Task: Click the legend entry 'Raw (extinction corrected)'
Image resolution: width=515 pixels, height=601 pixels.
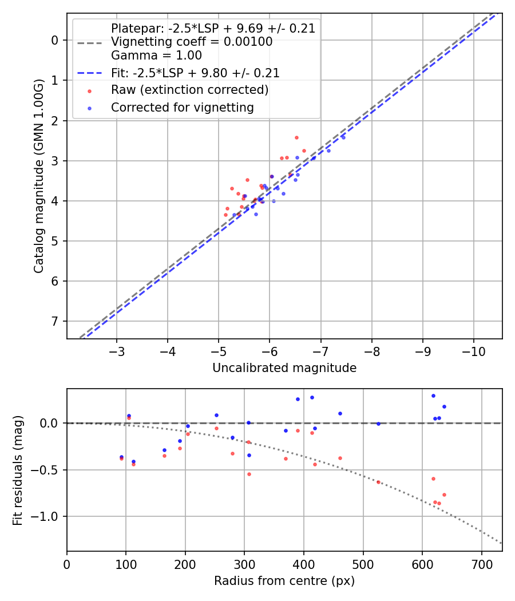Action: (189, 90)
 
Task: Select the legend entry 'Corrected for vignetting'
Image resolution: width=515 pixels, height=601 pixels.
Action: (182, 107)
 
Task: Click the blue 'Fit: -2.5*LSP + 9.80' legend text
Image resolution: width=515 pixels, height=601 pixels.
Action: (195, 73)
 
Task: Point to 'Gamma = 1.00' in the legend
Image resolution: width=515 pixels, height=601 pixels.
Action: (156, 56)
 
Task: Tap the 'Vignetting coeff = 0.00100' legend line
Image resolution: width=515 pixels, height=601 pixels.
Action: (192, 42)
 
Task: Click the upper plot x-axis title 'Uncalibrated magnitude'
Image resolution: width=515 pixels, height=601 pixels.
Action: (284, 368)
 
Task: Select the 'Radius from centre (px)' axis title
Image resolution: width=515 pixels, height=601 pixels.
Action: (284, 581)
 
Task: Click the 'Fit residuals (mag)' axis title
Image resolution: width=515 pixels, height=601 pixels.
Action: (18, 470)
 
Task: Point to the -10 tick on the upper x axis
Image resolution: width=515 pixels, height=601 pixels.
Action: (473, 350)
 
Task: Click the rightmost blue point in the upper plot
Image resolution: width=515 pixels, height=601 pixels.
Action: (343, 137)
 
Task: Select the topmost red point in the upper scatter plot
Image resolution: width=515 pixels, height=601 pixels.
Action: (296, 137)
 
